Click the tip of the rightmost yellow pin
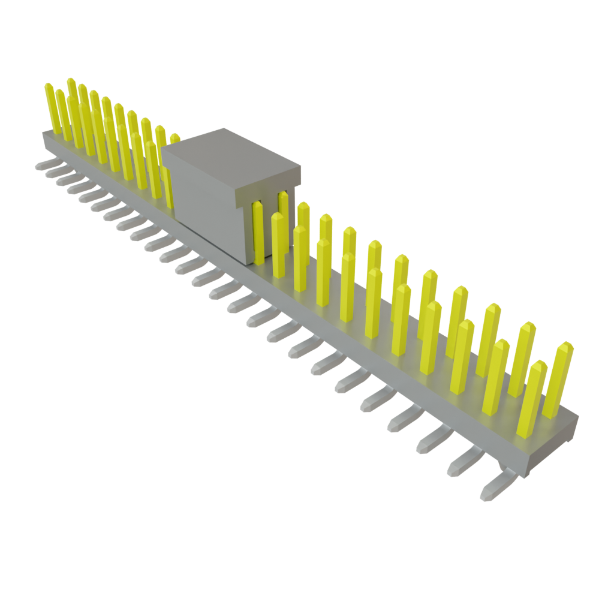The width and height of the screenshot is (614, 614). pyautogui.click(x=565, y=347)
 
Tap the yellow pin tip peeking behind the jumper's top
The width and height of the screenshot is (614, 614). pyautogui.click(x=174, y=138)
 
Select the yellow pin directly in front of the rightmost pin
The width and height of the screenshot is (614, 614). pyautogui.click(x=532, y=396)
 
